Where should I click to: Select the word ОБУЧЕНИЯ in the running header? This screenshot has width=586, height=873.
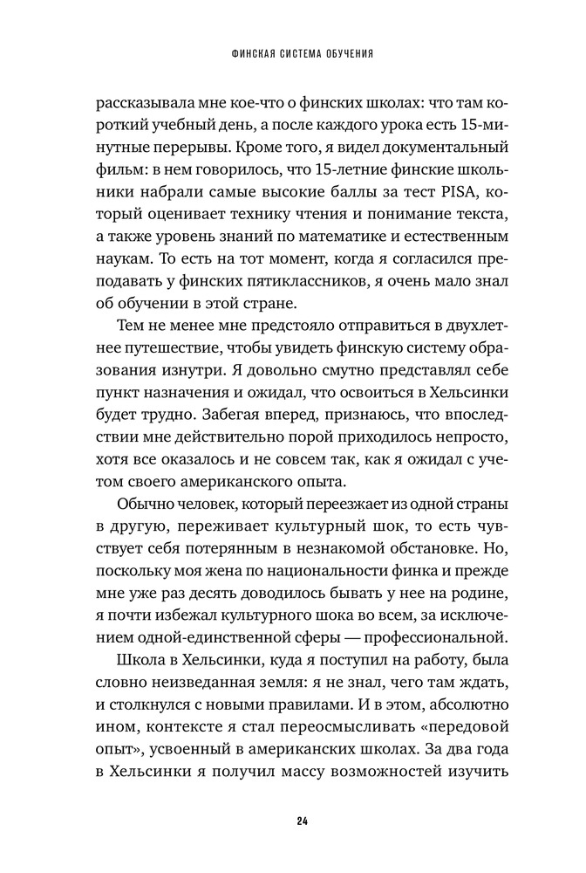[x=349, y=53]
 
